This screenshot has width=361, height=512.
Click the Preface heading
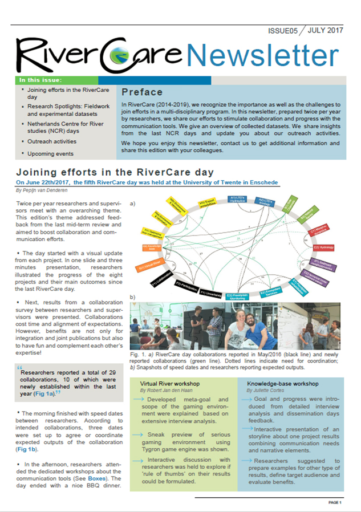pyautogui.click(x=141, y=91)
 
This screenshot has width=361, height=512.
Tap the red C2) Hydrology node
pyautogui.click(x=323, y=247)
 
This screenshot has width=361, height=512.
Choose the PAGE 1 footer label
pyautogui.click(x=334, y=503)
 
